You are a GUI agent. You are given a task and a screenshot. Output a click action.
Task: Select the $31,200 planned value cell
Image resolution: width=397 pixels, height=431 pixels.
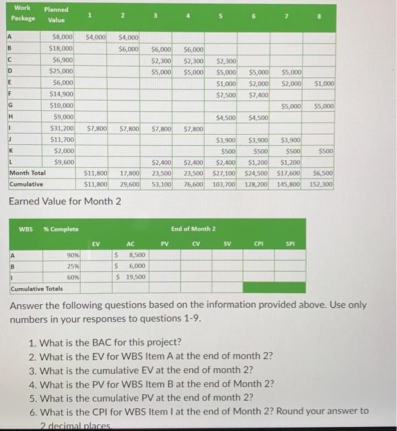[62, 129]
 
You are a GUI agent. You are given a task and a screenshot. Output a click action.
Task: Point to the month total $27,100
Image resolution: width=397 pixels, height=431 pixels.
[224, 174]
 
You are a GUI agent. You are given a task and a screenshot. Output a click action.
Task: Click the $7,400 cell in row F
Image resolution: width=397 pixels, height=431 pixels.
[257, 95]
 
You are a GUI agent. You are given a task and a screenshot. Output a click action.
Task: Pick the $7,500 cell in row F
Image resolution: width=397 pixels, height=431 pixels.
[224, 95]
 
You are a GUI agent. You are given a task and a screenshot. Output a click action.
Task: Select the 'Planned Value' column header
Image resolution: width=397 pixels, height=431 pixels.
[56, 15]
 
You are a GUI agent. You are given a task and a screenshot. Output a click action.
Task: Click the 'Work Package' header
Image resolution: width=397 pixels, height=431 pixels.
[22, 13]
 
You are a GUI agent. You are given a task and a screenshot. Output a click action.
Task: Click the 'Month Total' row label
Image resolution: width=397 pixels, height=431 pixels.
[27, 174]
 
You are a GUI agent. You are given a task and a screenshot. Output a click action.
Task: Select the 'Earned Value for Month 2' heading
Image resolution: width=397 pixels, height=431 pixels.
[65, 201]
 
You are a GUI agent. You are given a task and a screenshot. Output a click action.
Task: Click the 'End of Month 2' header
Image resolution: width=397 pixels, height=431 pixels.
[193, 229]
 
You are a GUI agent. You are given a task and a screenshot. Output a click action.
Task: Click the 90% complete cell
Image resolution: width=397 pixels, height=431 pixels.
[73, 255]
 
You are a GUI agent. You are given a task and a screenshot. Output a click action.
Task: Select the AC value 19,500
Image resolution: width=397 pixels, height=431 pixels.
[135, 276]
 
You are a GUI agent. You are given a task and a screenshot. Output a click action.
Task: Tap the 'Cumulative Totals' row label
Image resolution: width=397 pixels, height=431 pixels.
[36, 288]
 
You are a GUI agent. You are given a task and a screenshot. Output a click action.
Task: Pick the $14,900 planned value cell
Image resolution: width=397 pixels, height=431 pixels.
[62, 95]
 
